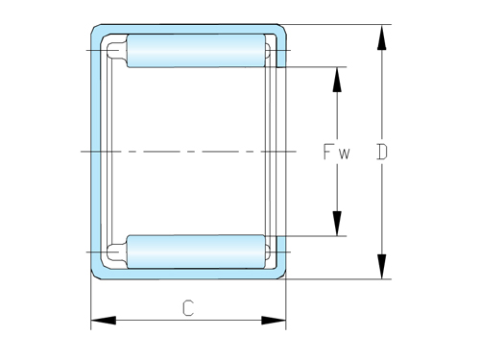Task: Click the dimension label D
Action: pos(383,152)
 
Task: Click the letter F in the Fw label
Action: pos(328,152)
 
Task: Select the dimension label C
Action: pos(188,308)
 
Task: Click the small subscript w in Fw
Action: pos(344,154)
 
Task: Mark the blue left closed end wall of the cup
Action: pos(96,152)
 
